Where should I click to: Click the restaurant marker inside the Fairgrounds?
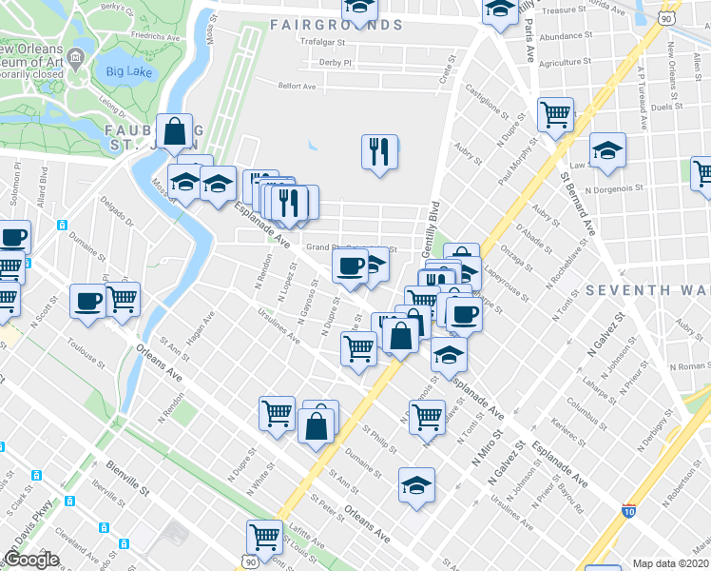coord(379,151)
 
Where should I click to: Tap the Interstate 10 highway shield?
coord(629,511)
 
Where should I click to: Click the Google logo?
coord(31,560)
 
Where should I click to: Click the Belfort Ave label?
coord(297,86)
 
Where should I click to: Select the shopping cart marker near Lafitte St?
coord(263,536)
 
